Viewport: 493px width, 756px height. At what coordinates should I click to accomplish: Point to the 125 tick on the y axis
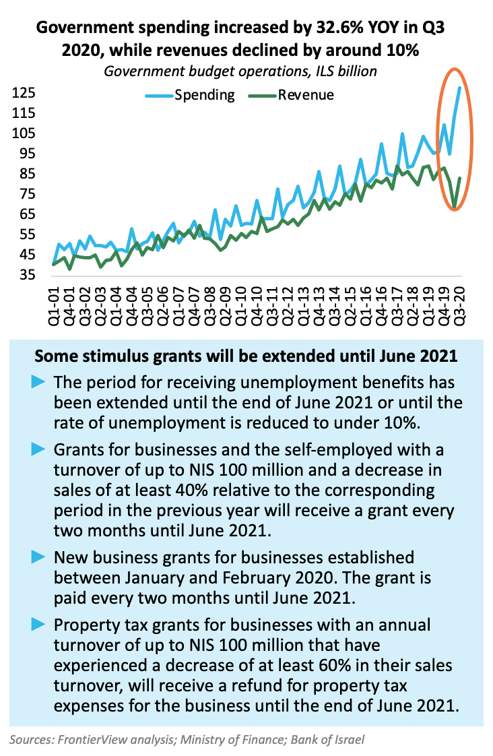click(22, 93)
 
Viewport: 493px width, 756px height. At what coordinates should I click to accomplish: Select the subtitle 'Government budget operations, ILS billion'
click(240, 71)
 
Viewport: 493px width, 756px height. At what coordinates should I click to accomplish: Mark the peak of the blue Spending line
click(459, 88)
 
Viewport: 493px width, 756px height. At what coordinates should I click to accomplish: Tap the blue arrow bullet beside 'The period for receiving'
click(39, 382)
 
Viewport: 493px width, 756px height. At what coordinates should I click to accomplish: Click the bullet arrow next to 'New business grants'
click(39, 557)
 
